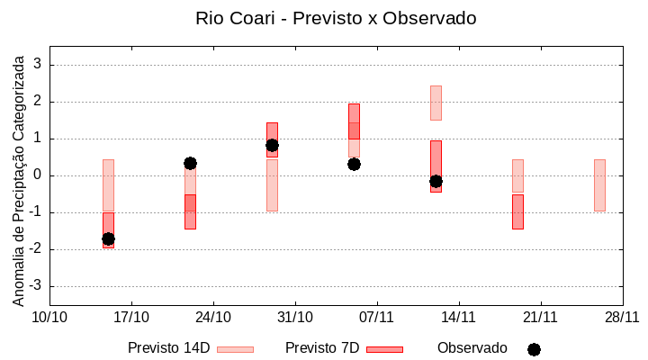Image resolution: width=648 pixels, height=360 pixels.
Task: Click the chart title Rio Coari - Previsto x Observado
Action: click(336, 18)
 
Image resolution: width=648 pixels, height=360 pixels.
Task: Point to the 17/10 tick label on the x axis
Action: click(131, 317)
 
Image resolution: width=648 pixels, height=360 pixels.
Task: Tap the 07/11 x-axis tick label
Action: click(377, 317)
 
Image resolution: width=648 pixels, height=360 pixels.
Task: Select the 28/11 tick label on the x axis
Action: click(622, 317)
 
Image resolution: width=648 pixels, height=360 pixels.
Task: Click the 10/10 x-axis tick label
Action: click(49, 317)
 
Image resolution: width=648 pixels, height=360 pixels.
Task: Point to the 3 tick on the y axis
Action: click(38, 65)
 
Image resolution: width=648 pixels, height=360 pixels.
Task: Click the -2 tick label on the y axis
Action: click(35, 249)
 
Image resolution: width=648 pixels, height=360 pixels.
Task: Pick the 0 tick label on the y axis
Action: click(38, 175)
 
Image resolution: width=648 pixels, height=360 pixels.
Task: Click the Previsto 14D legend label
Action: click(168, 348)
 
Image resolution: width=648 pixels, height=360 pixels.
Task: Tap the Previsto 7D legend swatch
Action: click(384, 349)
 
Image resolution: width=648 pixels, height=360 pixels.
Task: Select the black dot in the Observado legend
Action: click(534, 349)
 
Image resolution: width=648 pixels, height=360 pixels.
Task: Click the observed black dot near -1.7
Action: click(108, 238)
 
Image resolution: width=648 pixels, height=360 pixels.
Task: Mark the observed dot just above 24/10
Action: click(190, 163)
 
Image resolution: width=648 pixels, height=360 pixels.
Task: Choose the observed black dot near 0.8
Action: click(272, 145)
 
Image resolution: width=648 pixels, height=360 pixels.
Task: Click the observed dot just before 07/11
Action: click(354, 164)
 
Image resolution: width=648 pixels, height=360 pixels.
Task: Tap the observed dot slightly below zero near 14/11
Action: click(436, 181)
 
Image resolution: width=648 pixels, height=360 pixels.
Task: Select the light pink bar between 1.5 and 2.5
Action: click(436, 103)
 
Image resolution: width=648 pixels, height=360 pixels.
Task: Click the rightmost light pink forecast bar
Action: click(599, 184)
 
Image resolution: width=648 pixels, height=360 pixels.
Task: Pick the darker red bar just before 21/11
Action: click(517, 211)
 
